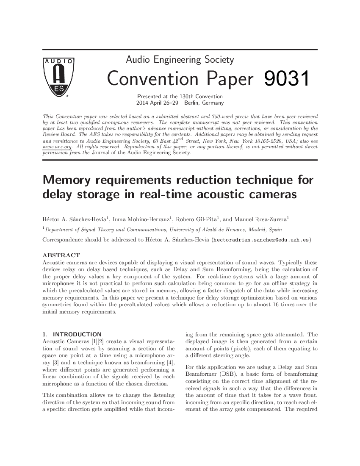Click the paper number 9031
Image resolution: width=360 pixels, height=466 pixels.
tap(286, 79)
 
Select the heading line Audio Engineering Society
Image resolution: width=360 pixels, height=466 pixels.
tap(180, 60)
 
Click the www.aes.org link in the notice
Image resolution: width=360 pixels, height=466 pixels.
tap(57, 147)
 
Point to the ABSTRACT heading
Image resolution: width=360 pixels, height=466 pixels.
tap(61, 255)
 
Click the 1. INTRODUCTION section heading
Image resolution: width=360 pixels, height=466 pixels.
tap(72, 334)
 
